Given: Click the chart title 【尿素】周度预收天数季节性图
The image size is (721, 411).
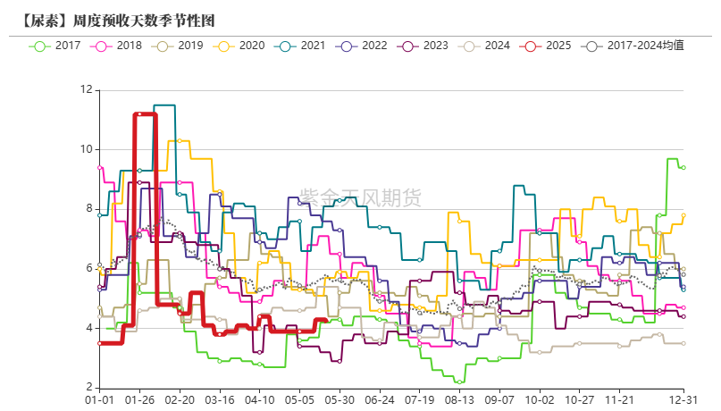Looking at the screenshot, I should click(118, 19).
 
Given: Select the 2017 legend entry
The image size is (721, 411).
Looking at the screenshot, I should click(57, 45).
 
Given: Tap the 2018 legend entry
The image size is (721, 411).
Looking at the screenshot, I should click(119, 45).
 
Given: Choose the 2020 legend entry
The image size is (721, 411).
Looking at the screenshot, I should click(241, 45).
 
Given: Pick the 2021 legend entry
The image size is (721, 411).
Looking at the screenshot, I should click(302, 45).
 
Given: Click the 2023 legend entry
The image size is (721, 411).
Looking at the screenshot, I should click(424, 45).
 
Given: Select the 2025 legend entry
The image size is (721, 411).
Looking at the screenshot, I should click(548, 45).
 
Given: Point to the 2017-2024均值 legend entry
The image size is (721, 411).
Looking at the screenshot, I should click(633, 45).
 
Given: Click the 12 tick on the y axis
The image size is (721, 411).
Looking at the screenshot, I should click(87, 89).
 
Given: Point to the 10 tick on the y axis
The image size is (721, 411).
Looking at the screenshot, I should click(87, 149).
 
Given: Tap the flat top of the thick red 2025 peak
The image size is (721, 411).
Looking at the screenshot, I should click(145, 114).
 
